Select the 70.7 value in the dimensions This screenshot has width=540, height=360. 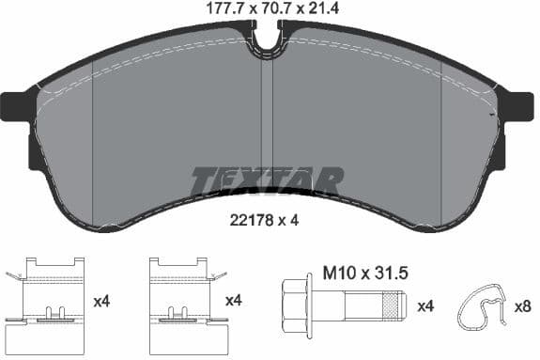click(x=271, y=9)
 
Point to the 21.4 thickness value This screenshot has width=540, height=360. click(x=317, y=9)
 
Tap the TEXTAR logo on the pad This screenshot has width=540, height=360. click(x=267, y=180)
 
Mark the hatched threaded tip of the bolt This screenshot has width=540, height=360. click(x=393, y=305)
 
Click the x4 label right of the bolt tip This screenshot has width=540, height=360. click(x=425, y=305)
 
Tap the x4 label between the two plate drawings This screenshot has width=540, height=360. click(x=104, y=301)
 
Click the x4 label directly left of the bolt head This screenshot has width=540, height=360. click(x=236, y=301)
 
